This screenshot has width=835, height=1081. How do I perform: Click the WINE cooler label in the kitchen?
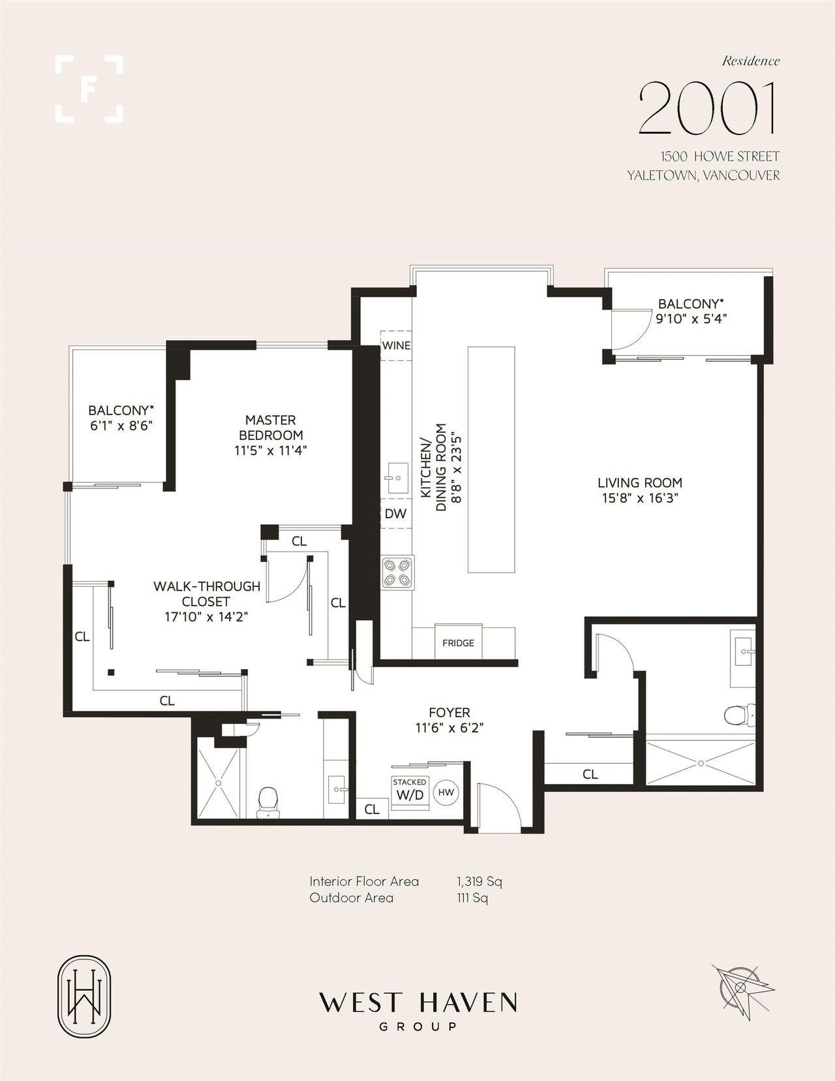[x=396, y=345]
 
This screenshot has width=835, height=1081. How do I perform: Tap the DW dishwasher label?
[x=395, y=514]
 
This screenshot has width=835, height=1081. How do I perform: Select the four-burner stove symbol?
[x=398, y=573]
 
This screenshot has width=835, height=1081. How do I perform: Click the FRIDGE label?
[x=458, y=643]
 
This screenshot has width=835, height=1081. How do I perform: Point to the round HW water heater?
[x=446, y=792]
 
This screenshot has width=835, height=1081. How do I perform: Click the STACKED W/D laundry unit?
[x=410, y=791]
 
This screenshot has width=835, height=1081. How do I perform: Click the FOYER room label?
[x=449, y=712]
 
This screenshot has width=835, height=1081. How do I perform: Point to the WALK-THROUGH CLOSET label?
[x=207, y=593]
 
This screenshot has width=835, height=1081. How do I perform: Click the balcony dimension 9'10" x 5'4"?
[x=691, y=319]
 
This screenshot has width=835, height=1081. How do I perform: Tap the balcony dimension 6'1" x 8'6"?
[x=121, y=426]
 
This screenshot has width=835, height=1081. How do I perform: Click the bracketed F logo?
[x=89, y=89]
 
